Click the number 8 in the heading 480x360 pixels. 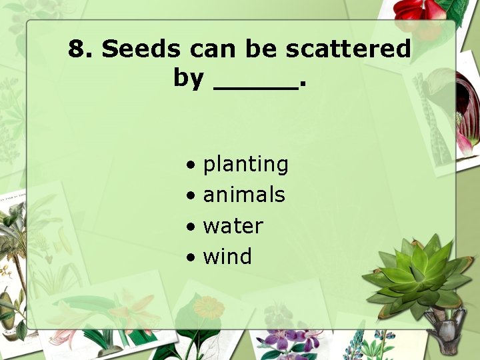[x=77, y=49]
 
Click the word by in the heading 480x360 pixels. [x=188, y=78]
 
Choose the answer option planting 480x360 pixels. [x=245, y=165]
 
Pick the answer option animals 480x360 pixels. [x=244, y=195]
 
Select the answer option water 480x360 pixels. [x=233, y=226]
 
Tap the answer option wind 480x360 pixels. [x=227, y=256]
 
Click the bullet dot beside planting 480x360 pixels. [x=191, y=165]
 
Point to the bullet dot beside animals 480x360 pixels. [x=191, y=195]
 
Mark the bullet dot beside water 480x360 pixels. [x=191, y=227]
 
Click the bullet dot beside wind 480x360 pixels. [x=191, y=257]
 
